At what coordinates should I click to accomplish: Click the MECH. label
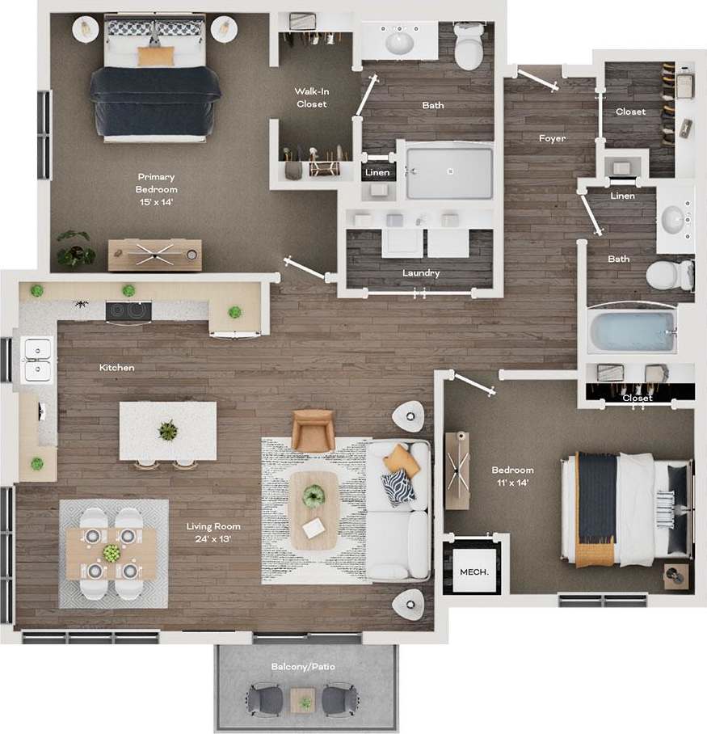point(473,572)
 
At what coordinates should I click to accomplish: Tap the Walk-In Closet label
point(312,98)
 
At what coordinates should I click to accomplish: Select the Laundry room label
point(421,273)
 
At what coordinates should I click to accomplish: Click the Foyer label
point(552,138)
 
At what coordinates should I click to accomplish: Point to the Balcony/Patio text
point(303,667)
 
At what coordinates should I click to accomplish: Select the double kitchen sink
point(36,360)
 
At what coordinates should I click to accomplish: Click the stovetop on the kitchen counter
point(128,310)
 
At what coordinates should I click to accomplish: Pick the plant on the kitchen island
point(168,431)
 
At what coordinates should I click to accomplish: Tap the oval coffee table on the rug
point(314,510)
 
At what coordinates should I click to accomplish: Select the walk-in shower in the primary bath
point(449,171)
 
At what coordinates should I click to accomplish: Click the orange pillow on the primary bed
point(156,56)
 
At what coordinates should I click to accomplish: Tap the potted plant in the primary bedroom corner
point(75,248)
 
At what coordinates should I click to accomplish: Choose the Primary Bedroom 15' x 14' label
point(156,189)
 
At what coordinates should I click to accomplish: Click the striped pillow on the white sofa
point(397,487)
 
